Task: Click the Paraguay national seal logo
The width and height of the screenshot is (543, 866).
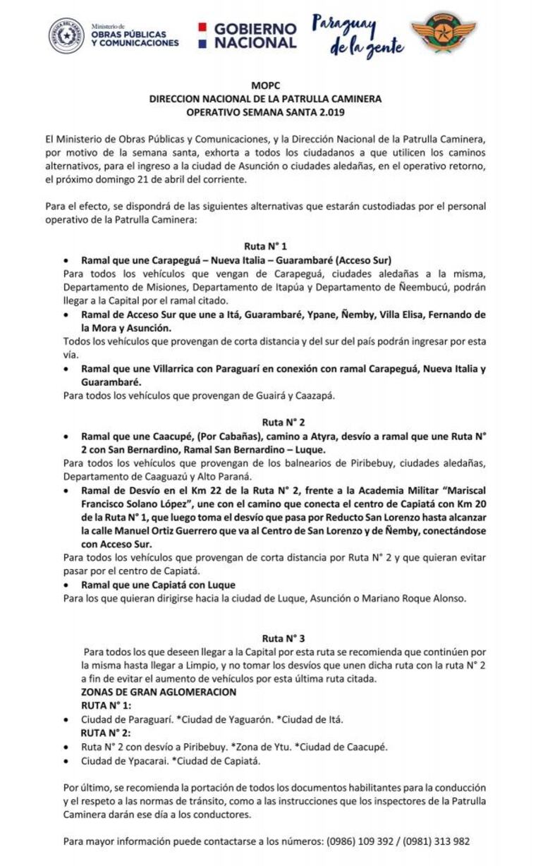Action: [67, 35]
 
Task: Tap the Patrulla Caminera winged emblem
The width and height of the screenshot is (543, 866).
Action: [444, 32]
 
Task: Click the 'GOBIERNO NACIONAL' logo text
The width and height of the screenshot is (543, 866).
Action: [255, 35]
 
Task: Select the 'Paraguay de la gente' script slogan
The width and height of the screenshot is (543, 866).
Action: [358, 35]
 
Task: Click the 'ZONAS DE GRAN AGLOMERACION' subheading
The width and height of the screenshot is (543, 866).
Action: [159, 693]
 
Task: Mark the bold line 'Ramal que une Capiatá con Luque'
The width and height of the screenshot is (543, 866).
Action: [158, 585]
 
